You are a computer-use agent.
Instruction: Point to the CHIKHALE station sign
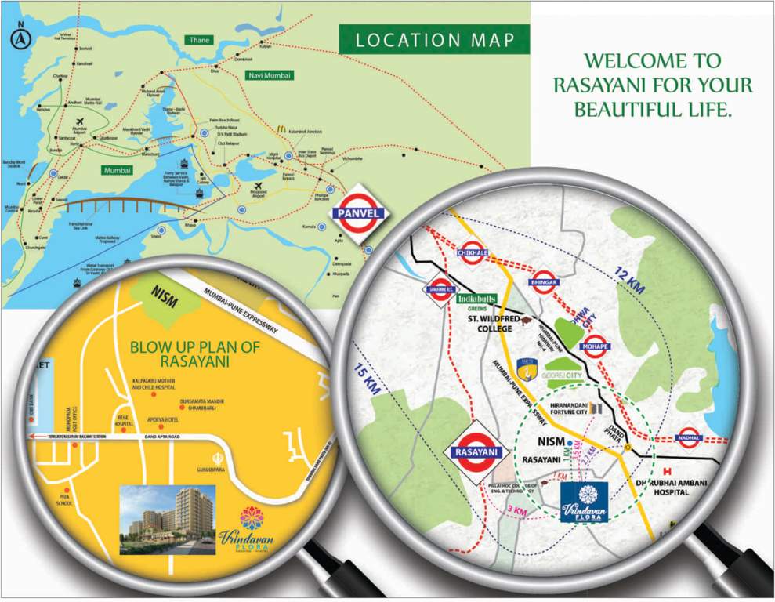click(473, 253)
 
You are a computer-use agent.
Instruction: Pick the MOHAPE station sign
click(594, 346)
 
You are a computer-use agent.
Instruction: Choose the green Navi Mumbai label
click(269, 76)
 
